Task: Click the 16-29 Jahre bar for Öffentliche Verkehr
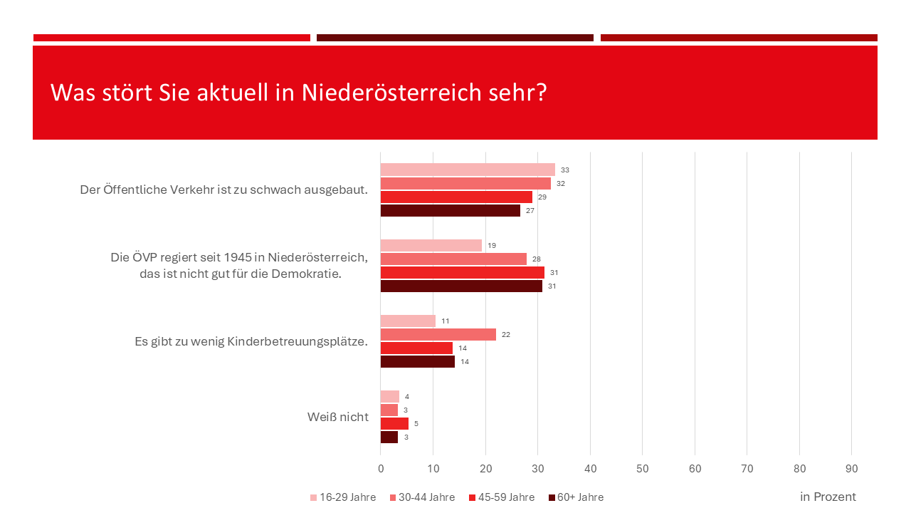(x=468, y=170)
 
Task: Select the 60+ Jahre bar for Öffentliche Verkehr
(x=450, y=210)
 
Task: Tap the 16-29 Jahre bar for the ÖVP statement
(x=431, y=245)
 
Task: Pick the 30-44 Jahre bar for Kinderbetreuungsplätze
(x=438, y=334)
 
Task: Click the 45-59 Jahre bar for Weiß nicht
(x=394, y=423)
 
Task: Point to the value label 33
(x=565, y=170)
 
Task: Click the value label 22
(x=506, y=334)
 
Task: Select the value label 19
(x=492, y=246)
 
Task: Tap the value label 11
(x=446, y=321)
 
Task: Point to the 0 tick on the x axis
(x=381, y=469)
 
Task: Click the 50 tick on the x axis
(x=643, y=469)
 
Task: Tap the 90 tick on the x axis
(x=852, y=469)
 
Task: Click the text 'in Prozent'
(x=828, y=497)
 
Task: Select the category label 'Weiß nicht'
(x=338, y=417)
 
